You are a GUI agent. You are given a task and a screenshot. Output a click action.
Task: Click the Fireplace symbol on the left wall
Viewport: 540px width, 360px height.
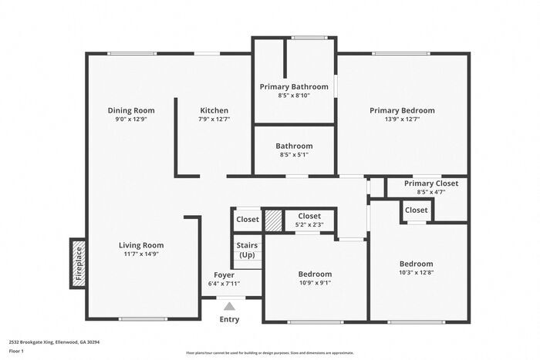(77, 263)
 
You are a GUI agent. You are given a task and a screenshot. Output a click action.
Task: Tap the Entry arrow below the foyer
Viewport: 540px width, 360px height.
(229, 306)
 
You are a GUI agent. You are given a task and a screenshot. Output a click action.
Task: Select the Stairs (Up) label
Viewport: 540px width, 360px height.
(247, 251)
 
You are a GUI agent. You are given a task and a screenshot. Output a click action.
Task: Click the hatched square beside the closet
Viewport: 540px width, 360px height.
(272, 220)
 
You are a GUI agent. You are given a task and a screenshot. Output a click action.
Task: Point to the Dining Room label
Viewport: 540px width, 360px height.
(130, 110)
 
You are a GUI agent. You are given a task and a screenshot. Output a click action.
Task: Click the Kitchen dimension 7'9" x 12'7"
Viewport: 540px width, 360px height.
(214, 119)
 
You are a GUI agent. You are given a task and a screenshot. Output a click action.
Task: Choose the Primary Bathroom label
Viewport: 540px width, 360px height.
(293, 86)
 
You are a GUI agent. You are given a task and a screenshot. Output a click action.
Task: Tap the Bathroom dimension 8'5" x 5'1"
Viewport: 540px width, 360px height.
(294, 154)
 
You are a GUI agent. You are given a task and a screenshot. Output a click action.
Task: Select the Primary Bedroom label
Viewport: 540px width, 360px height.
(402, 110)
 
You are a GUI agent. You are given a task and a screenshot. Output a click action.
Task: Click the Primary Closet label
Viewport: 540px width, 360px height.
(430, 183)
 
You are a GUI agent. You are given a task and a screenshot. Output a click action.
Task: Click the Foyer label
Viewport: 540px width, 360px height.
(224, 275)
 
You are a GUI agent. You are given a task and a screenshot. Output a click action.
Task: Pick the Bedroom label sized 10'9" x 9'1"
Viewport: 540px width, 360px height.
(315, 274)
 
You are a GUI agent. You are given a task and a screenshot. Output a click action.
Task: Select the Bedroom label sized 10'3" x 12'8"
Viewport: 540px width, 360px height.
(416, 264)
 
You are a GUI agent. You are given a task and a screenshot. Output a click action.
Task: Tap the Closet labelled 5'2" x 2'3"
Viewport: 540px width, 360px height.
(309, 217)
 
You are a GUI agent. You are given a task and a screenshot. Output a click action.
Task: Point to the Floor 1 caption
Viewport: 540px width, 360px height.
(17, 351)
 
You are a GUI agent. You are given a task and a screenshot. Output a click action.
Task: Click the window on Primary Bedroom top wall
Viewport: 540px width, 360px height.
(401, 53)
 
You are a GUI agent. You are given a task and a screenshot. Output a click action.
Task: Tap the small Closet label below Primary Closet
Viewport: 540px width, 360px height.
(416, 210)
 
